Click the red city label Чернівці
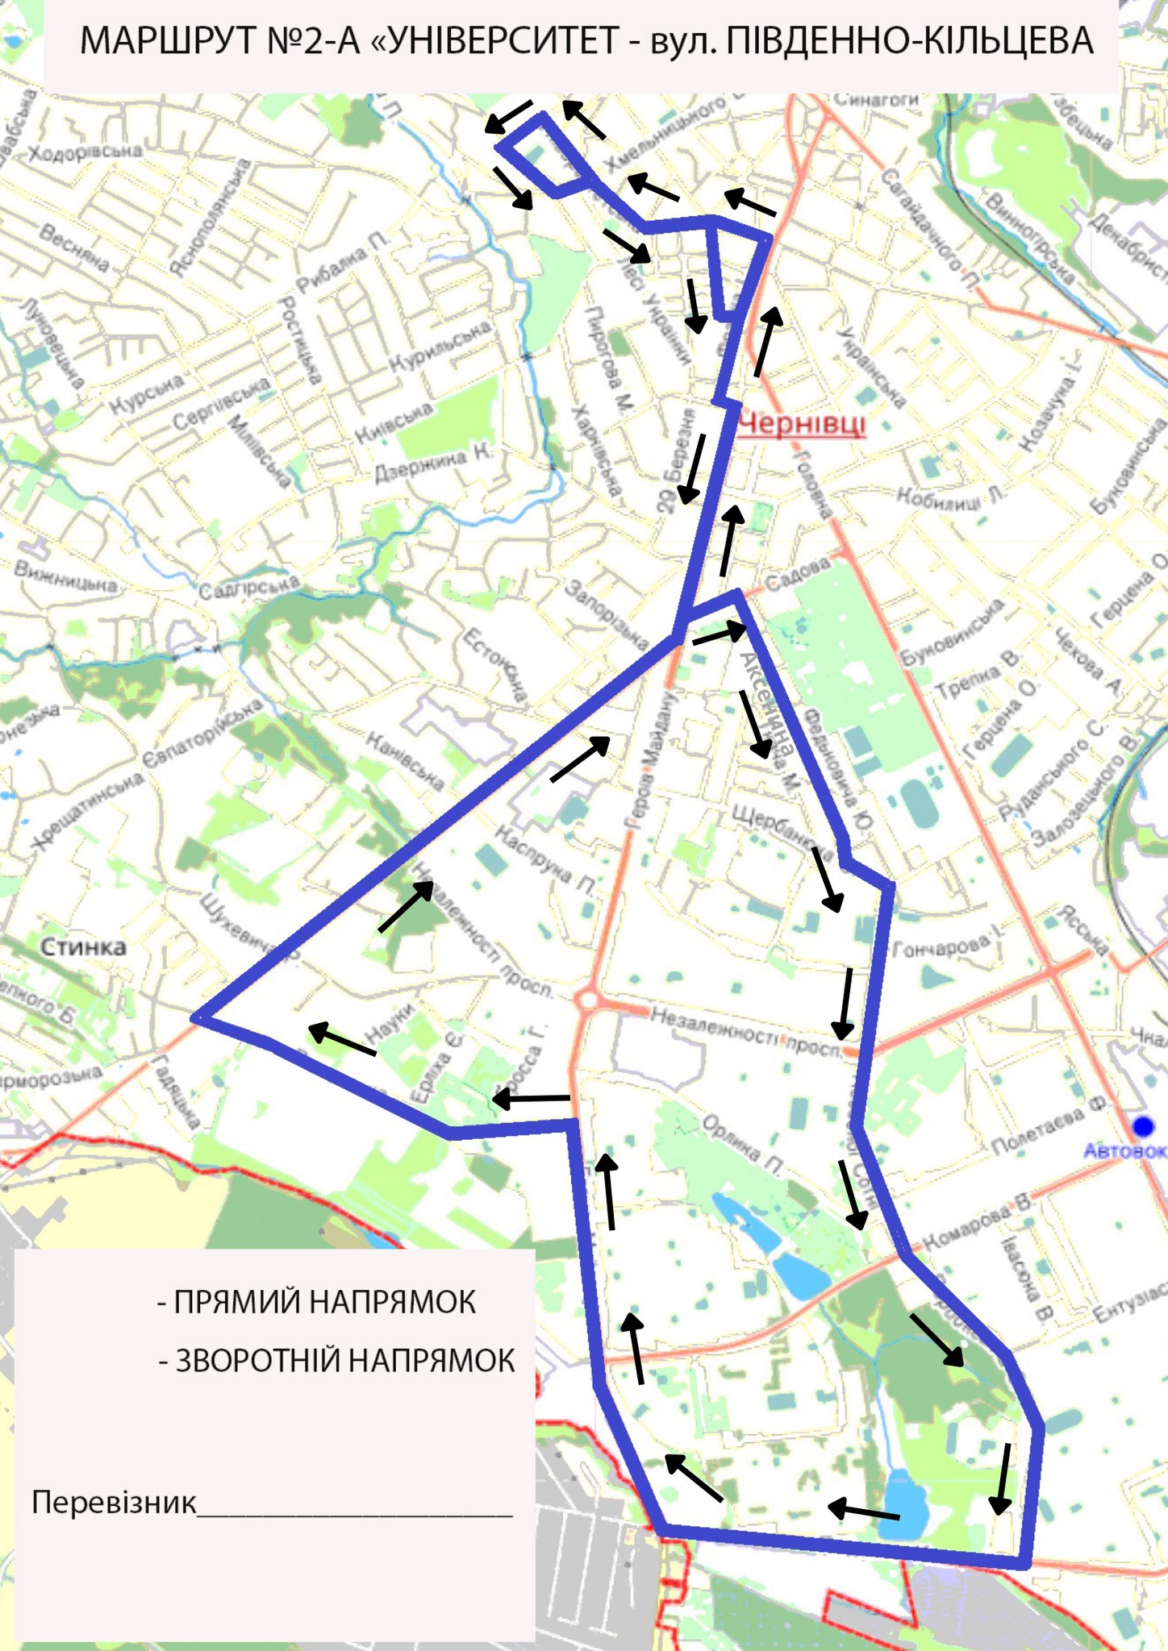tap(802, 423)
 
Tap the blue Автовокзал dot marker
tap(1141, 1125)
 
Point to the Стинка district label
tap(83, 946)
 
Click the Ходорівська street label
tap(86, 152)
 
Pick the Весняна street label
tap(74, 247)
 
